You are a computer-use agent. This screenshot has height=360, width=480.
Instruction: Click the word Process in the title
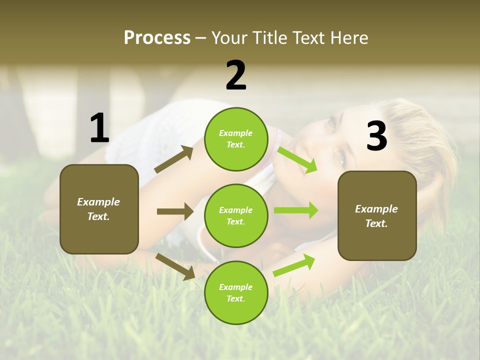coord(157,37)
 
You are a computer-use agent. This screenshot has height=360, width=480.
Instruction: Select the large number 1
coord(99,128)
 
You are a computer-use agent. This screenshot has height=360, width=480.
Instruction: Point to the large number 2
coord(236,75)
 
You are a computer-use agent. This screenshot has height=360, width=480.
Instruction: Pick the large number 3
coord(376,136)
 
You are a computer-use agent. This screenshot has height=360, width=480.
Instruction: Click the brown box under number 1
coord(99,209)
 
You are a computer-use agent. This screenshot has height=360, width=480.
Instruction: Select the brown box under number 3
coord(377,215)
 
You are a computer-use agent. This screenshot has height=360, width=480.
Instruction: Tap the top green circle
coord(236,138)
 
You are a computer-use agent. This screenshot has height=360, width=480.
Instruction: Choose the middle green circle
coord(236,215)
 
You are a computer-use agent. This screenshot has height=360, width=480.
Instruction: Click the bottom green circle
coord(236,292)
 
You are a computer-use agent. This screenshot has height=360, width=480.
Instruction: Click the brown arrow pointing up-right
coord(174,159)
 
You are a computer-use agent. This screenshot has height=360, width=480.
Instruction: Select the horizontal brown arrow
coord(175,211)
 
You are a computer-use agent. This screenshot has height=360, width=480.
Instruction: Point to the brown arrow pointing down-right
coord(175,266)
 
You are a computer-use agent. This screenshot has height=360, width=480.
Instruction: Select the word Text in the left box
coord(98,216)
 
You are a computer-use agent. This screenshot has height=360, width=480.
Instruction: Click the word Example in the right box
coord(376,209)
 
